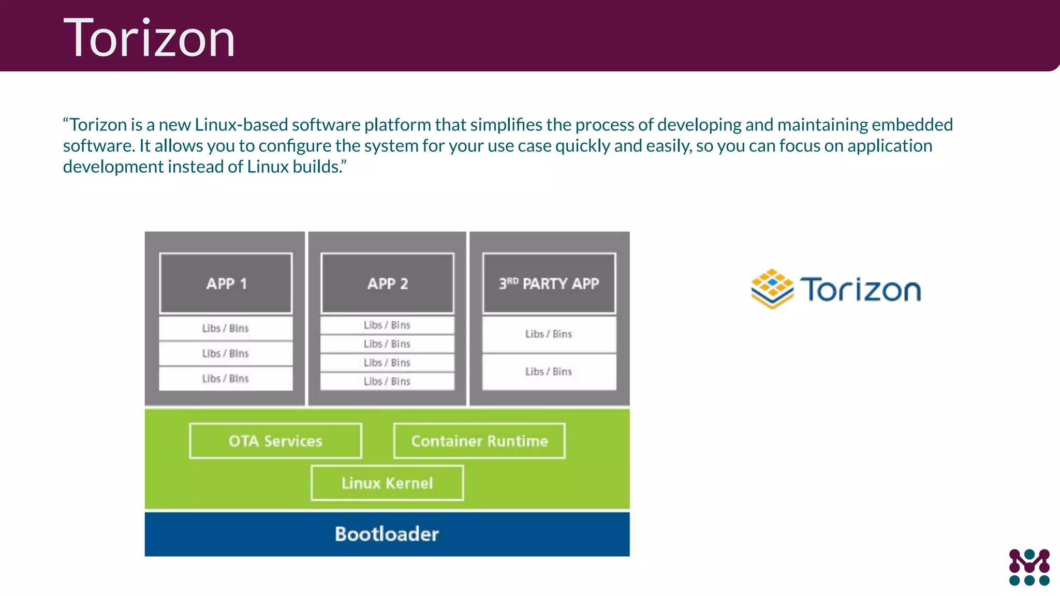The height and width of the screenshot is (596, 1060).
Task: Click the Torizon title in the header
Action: (149, 38)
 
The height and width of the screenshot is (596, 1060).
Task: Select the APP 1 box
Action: (226, 284)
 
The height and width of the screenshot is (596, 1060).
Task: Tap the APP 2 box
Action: (387, 284)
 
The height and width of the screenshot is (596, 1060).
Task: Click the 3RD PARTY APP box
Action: (549, 284)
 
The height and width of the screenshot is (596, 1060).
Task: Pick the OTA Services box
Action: (275, 441)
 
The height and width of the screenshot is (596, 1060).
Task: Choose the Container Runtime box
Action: (479, 441)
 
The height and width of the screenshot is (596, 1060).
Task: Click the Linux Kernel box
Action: (387, 483)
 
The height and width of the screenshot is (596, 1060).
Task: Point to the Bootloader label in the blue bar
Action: (387, 534)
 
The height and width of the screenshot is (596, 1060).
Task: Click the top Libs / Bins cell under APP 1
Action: (226, 328)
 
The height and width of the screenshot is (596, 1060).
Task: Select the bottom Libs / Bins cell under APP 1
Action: (226, 379)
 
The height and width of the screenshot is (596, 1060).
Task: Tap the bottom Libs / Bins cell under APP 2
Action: (387, 382)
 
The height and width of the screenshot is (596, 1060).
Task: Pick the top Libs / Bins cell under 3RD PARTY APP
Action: (549, 334)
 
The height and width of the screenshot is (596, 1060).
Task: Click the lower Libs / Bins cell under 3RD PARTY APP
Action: (549, 371)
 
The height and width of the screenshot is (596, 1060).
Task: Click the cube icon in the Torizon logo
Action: (772, 289)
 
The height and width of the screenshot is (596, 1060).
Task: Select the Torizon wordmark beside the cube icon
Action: (861, 290)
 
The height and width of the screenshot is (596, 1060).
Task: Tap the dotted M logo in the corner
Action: (1029, 567)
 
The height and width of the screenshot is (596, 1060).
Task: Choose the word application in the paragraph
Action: (890, 146)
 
